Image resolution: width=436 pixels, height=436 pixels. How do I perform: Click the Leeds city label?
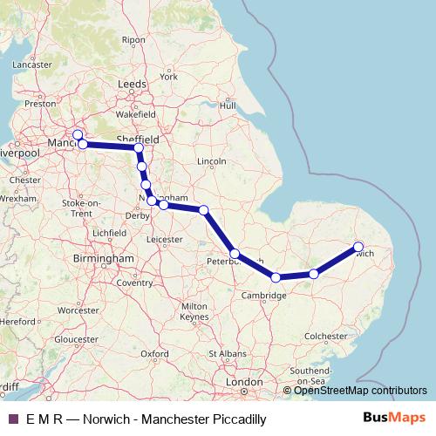[132, 84]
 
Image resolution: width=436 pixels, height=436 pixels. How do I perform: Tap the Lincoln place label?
[212, 161]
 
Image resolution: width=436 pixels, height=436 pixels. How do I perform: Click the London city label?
[244, 382]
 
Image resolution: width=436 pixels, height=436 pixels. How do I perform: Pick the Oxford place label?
[154, 353]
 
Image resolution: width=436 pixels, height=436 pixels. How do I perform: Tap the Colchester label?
[326, 335]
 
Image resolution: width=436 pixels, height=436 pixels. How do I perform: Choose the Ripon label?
[133, 39]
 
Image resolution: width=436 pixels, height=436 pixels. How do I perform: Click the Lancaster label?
[32, 64]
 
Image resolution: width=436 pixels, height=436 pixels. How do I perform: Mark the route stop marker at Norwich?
[358, 246]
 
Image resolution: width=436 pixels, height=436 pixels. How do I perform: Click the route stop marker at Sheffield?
[139, 148]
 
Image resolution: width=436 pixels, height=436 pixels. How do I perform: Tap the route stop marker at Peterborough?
[235, 254]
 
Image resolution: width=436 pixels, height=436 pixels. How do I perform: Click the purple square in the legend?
[12, 419]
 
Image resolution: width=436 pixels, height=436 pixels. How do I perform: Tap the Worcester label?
[78, 310]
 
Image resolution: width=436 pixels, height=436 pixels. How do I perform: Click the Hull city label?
[228, 106]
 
